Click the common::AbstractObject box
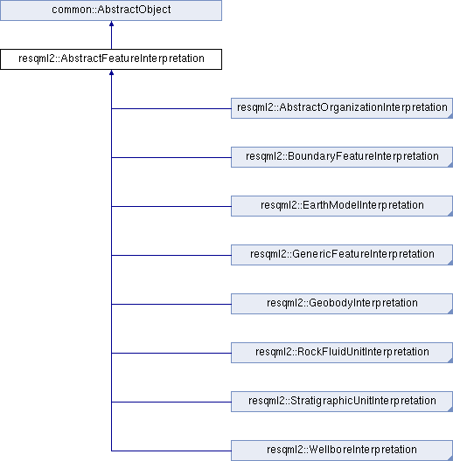coord(111,10)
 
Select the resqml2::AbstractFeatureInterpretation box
coord(111,59)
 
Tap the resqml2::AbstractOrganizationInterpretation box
coord(342,108)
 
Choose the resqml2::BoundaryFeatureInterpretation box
coord(342,157)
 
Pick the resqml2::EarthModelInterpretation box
coord(342,206)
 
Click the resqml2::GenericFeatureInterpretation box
coord(342,255)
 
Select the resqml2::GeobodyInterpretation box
coord(342,304)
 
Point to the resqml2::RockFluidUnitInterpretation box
coord(342,353)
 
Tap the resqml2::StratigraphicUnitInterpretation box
coord(342,402)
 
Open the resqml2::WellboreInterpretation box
coord(342,451)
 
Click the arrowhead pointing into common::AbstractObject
coord(111,24)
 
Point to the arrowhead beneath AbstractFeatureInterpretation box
coord(111,72)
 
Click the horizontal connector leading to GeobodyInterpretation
coord(171,304)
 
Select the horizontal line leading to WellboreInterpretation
coord(171,451)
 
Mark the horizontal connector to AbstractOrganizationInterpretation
coord(171,108)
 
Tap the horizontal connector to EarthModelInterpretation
coord(171,206)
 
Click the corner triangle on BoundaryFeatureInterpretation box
coord(450,165)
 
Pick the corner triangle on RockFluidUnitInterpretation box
coord(450,361)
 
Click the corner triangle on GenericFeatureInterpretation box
coord(450,263)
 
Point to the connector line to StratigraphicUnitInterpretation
coord(171,402)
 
